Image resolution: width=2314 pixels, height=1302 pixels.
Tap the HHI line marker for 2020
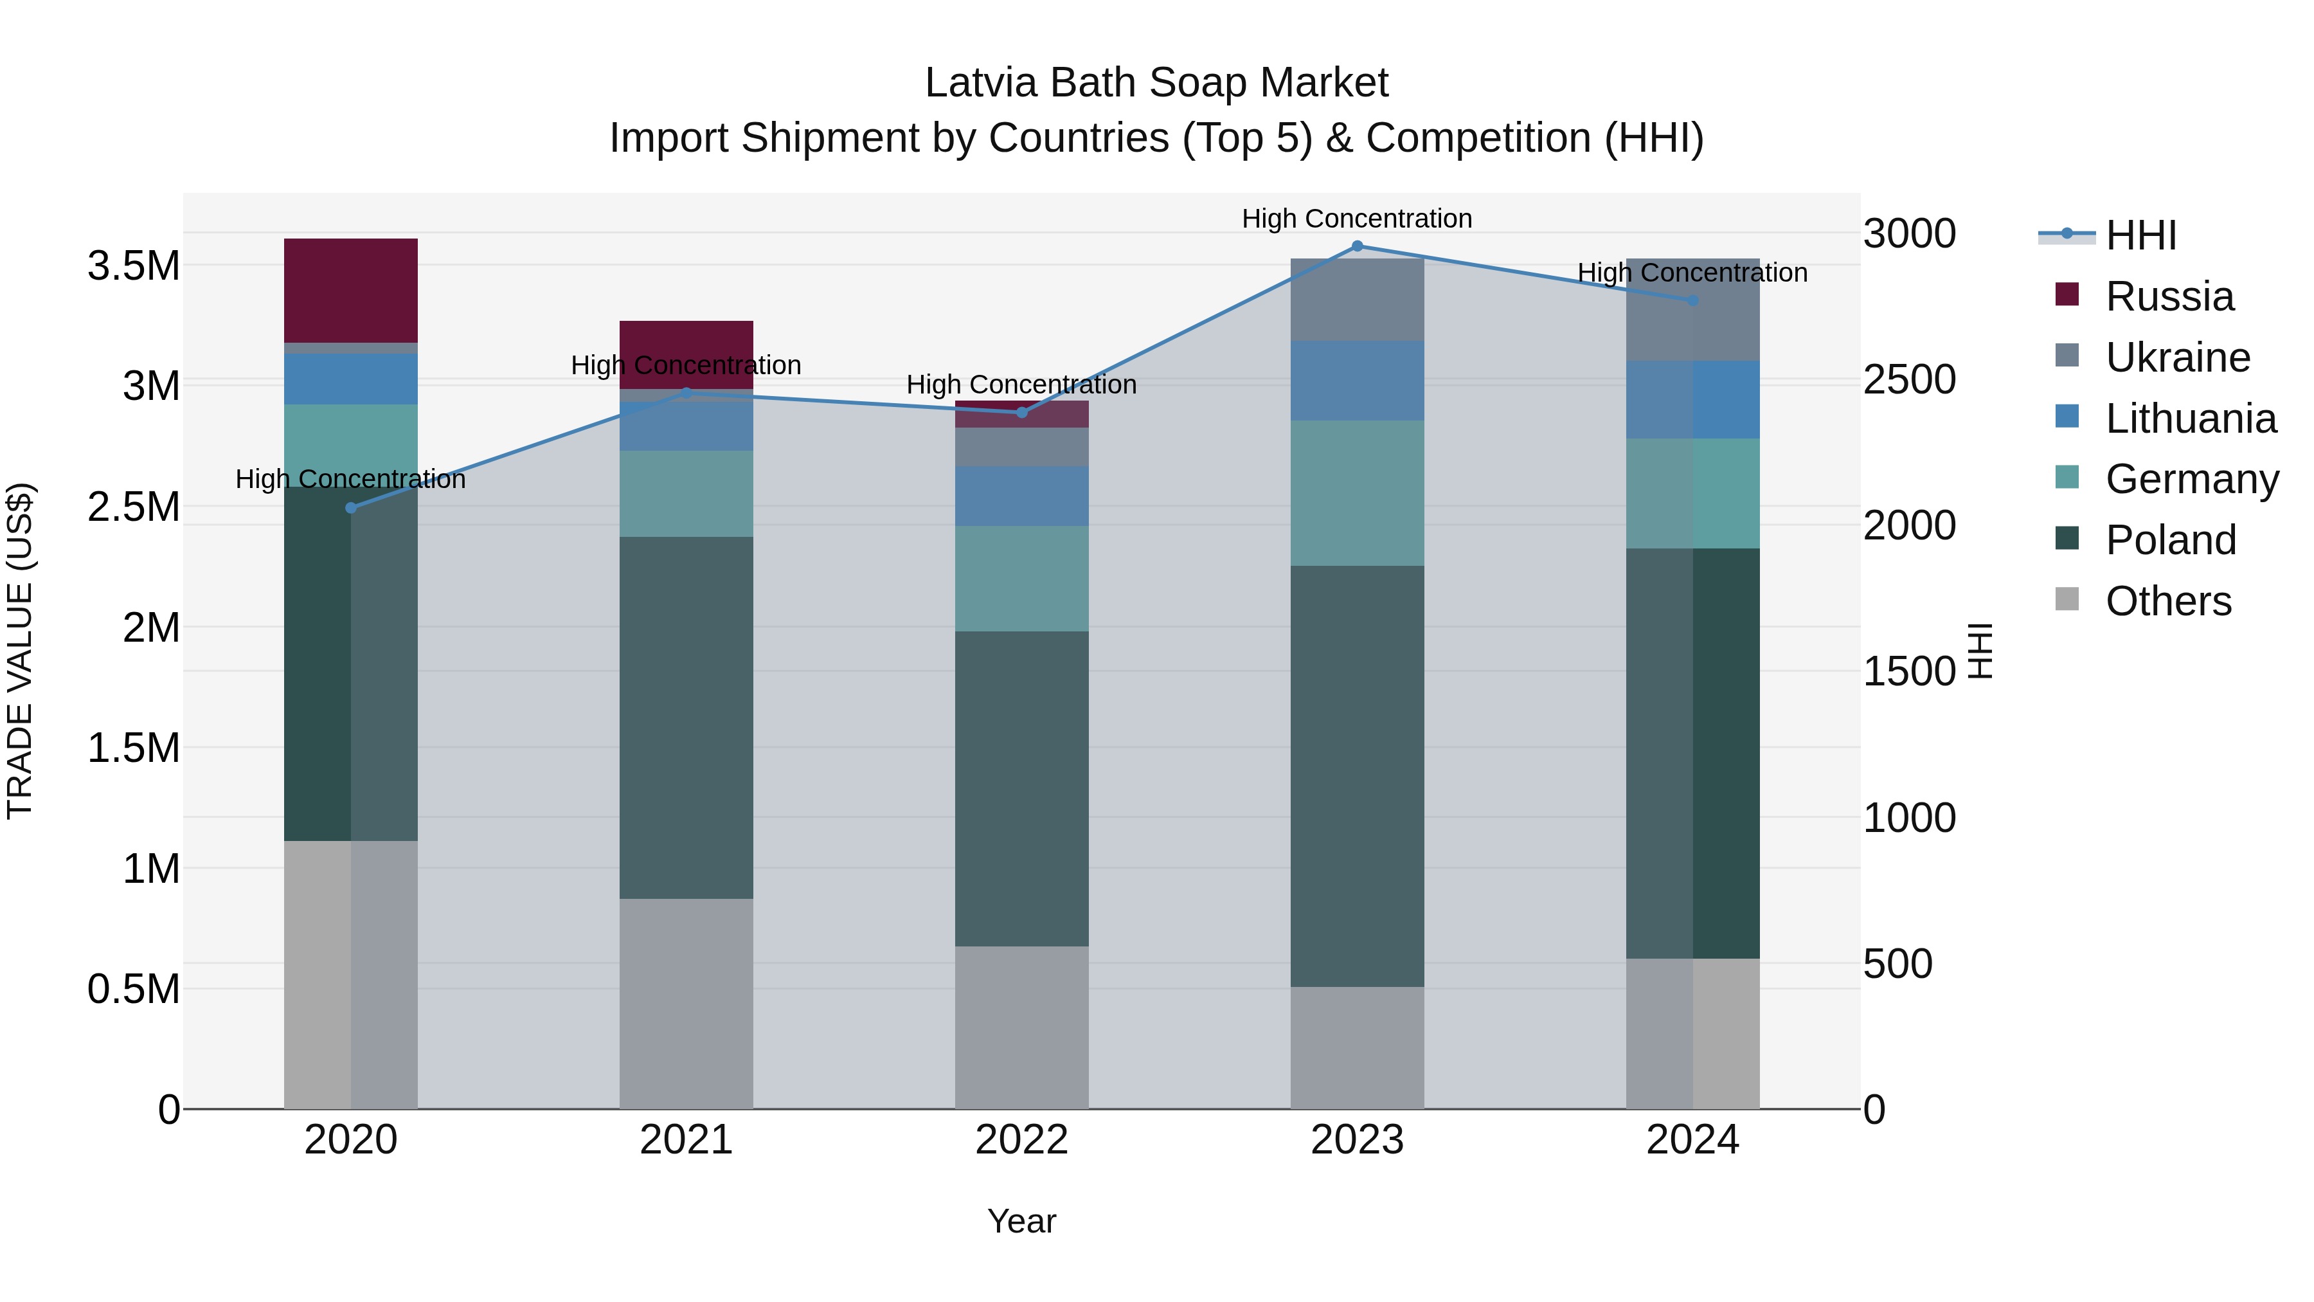coord(351,508)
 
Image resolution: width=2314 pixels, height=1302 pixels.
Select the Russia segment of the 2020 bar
coord(351,290)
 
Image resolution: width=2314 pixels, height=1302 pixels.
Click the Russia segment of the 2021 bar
coord(686,354)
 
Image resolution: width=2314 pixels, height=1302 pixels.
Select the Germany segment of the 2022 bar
coord(1021,579)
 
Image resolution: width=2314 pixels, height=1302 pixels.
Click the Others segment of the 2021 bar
coord(686,1003)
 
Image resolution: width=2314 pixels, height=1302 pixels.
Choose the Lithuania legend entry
coord(2190,419)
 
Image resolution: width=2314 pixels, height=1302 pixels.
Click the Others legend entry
coord(2167,601)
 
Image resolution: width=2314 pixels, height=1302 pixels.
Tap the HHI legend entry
coord(2140,235)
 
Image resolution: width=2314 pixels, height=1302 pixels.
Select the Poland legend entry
coord(2170,540)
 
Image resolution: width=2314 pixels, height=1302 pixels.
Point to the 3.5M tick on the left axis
coord(133,266)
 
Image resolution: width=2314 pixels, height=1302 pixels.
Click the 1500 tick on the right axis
coord(1909,671)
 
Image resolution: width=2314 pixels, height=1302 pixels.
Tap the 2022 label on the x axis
coord(1021,1140)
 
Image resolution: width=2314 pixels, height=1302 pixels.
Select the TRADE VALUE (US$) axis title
coord(20,651)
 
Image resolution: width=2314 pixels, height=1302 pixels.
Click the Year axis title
coord(1021,1221)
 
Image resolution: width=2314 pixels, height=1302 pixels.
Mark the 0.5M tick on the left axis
coord(133,990)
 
